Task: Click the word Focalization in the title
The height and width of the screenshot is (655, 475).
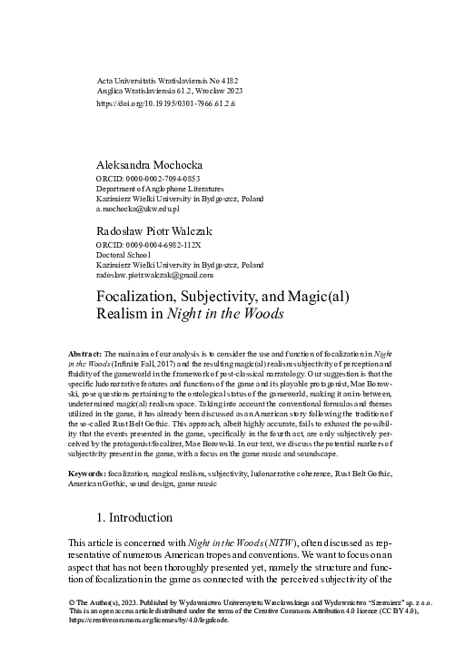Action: click(x=142, y=296)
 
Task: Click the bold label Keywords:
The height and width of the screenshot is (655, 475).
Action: click(x=87, y=474)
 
